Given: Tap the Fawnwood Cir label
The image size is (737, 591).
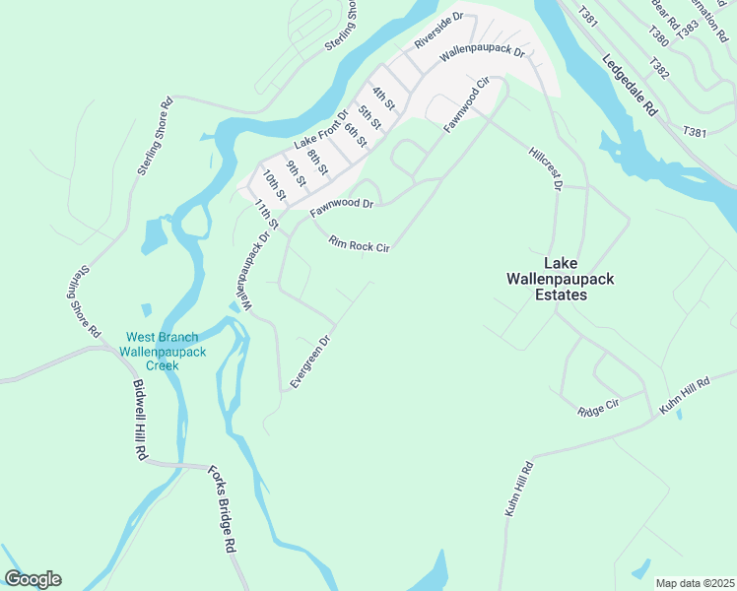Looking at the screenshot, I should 467,104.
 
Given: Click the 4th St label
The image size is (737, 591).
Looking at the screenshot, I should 383,98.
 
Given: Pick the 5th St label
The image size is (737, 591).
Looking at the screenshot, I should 369,115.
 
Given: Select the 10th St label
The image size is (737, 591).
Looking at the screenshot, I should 274,184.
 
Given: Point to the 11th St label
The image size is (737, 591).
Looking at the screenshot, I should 266,217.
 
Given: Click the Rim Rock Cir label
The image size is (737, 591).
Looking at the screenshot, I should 360,244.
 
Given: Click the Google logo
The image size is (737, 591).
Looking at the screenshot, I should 33,579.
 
